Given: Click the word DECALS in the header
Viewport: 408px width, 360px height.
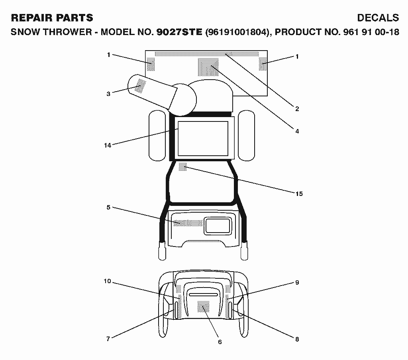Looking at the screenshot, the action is [378, 18].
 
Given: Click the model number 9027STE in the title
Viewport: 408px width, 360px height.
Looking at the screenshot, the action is [179, 32].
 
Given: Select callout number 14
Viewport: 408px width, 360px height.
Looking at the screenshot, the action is [108, 145].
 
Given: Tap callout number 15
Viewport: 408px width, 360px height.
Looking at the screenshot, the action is [299, 194].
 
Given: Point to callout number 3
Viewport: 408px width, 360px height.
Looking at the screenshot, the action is [108, 94].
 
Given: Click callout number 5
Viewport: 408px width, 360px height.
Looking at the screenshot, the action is [108, 207].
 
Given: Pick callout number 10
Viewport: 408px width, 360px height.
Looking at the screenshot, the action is [108, 281].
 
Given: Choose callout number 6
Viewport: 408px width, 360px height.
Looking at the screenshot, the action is [220, 342].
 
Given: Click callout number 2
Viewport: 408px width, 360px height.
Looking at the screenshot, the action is [297, 109].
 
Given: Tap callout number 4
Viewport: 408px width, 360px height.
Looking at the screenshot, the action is [297, 131].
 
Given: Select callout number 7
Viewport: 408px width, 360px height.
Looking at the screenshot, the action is [108, 339].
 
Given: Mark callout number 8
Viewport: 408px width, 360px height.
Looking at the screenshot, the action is [297, 339].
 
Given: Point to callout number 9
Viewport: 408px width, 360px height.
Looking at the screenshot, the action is [297, 282].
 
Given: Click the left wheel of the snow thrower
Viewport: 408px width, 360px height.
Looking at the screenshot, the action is [157, 135].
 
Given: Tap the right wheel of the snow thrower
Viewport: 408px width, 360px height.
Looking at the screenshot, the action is [246, 135].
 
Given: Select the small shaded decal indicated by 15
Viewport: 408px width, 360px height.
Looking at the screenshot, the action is [182, 166].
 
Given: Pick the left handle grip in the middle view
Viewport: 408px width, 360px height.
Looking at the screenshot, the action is [162, 250].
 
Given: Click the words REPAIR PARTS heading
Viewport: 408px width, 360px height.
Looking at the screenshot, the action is [52, 18].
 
